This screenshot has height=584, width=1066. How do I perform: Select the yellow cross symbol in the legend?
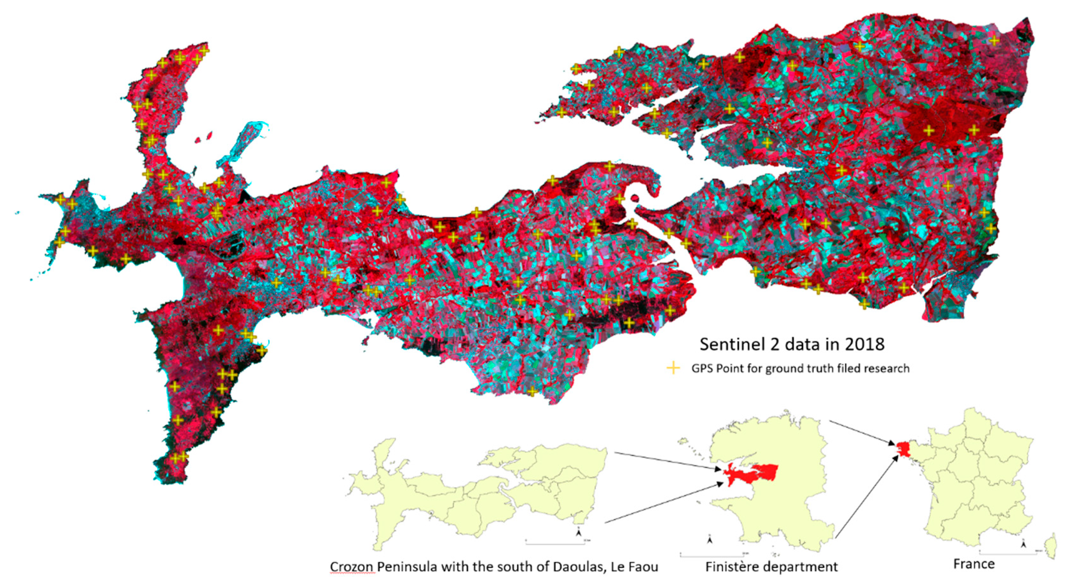coord(673,368)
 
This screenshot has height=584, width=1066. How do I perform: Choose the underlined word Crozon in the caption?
coord(352,566)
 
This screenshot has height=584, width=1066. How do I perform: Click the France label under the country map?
coord(974,564)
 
